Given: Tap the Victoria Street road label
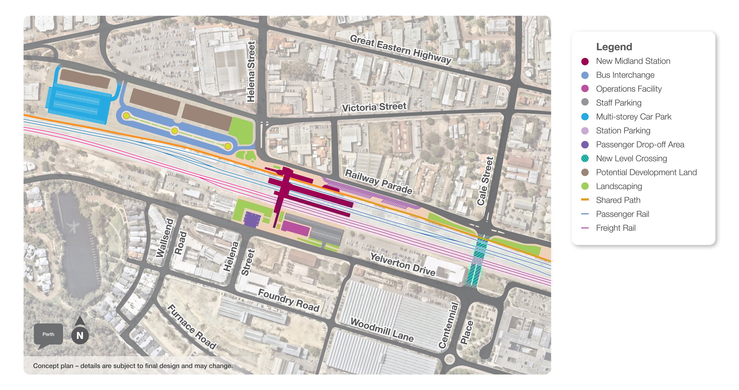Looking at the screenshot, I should (374, 107).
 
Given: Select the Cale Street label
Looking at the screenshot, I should (485, 181).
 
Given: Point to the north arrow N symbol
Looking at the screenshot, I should (80, 335).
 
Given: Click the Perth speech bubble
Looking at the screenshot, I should (48, 334).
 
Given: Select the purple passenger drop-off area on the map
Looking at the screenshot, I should (252, 220).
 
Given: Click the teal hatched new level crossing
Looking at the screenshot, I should (477, 260).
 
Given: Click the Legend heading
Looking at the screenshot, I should (614, 47).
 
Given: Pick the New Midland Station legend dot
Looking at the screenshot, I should (585, 61).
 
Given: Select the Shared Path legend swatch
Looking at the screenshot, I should (585, 200).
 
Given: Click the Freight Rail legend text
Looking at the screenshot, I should (616, 228).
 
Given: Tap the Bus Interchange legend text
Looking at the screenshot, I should (625, 75).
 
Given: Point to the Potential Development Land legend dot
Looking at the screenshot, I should (585, 172).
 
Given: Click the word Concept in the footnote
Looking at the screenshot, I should (43, 366).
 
